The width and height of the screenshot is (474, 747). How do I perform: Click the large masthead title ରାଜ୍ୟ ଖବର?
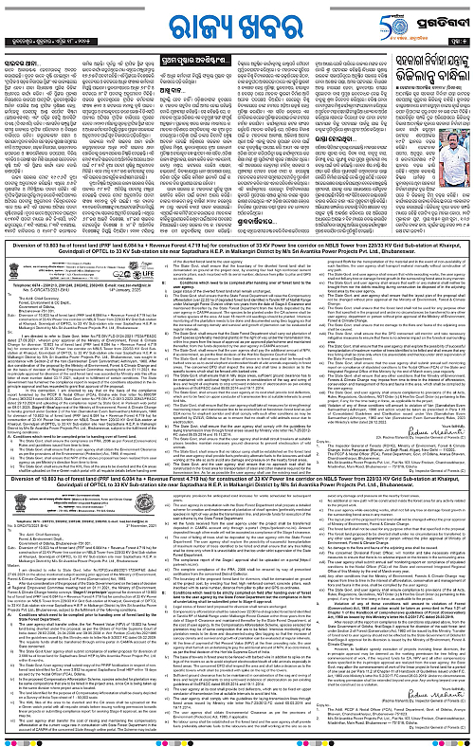[x=237, y=21]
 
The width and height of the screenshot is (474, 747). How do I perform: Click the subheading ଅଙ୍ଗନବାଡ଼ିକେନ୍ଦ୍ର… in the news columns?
[x=304, y=216]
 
